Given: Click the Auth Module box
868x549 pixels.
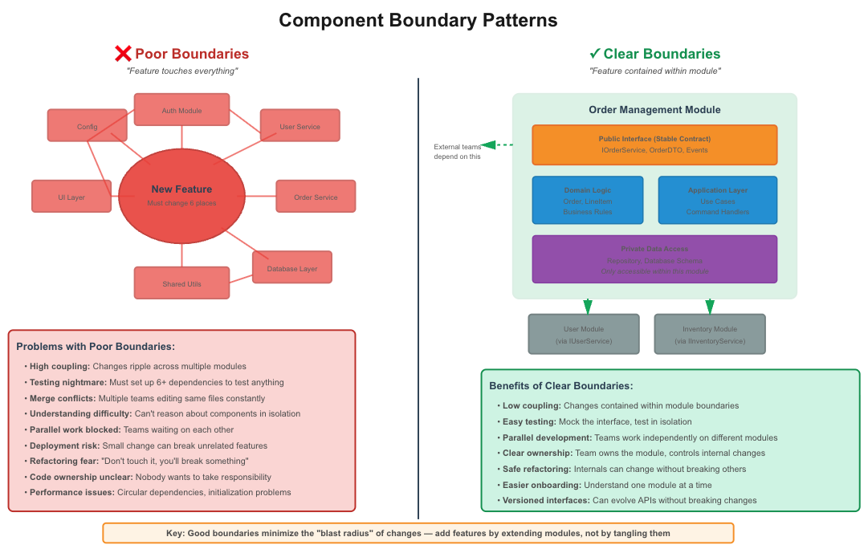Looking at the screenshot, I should tap(181, 110).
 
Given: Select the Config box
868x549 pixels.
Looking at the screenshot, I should tap(87, 126).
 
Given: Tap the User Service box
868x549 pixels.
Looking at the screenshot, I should tap(300, 126).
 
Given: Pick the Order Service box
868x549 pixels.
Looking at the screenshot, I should tap(316, 197).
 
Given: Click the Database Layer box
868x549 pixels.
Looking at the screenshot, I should tap(291, 268).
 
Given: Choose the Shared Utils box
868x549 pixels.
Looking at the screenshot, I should tap(181, 283).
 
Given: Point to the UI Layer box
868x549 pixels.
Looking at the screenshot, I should tap(71, 197).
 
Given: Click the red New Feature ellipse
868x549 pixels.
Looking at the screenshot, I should tap(181, 195).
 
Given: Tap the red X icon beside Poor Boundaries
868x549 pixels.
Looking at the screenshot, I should tap(123, 54).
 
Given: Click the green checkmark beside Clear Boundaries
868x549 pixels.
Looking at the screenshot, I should tap(595, 54).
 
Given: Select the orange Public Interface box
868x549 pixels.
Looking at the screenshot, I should tap(654, 144).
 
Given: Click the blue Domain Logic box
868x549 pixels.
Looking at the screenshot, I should tap(587, 200).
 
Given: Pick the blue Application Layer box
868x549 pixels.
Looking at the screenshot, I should tap(717, 200).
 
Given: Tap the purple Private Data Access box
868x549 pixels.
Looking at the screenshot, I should tap(654, 259).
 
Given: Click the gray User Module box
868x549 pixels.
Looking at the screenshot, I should tap(584, 334).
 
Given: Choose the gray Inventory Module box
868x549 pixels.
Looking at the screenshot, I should tap(709, 334).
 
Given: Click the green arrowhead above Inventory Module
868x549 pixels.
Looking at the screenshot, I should tap(710, 307).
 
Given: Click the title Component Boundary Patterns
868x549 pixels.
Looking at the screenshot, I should tap(418, 20).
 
